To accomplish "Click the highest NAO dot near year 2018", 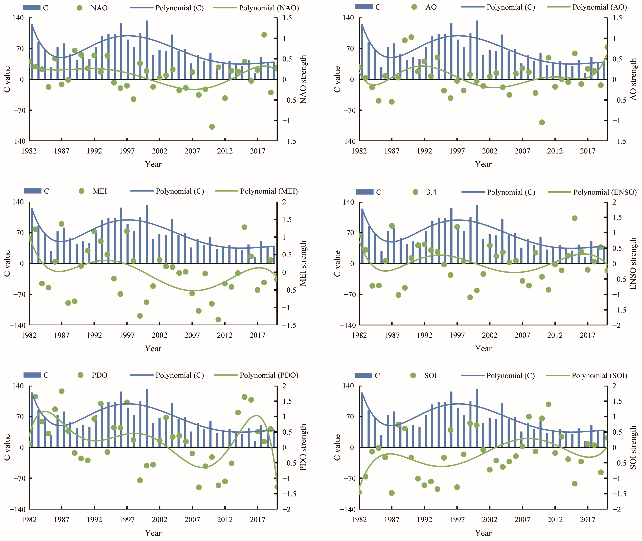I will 264,35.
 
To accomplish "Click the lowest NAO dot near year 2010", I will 212,127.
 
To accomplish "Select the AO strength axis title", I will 633,80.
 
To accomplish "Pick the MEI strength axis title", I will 303,263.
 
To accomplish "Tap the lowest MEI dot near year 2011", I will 218,320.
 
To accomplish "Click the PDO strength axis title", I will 303,447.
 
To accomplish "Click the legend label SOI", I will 430,375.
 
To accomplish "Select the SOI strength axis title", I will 633,447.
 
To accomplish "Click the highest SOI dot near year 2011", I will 549,404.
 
